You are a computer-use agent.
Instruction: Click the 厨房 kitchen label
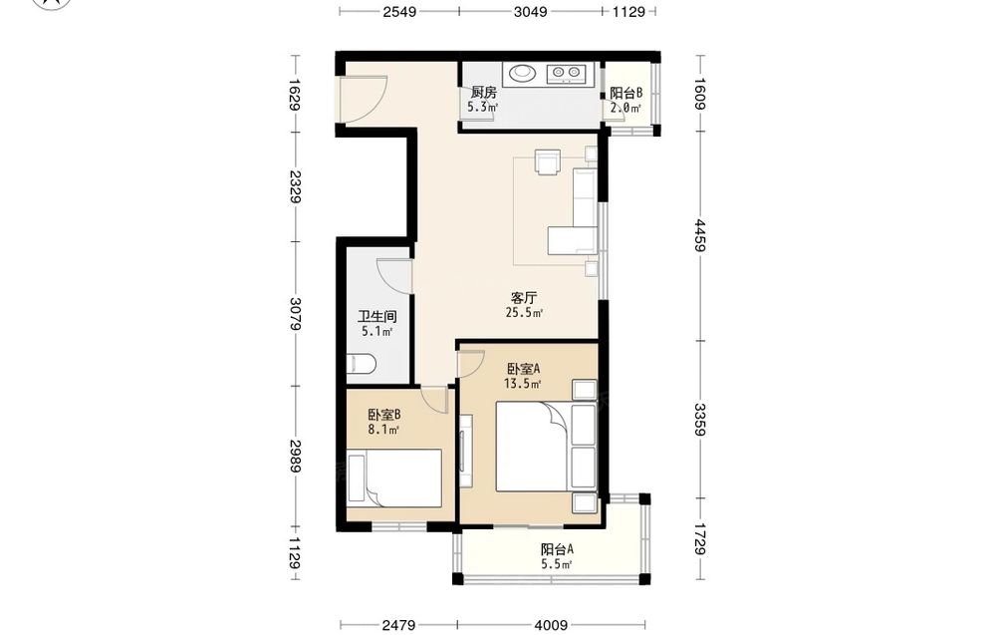[x=483, y=93]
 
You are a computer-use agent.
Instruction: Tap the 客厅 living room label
[x=524, y=297]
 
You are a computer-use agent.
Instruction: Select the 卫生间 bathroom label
[x=377, y=317]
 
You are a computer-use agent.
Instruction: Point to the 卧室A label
[x=524, y=369]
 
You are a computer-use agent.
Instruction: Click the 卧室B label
[x=383, y=415]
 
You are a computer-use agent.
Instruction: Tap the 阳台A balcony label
[x=557, y=549]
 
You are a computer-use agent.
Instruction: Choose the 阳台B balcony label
[x=626, y=93]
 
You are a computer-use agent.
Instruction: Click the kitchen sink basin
[x=522, y=73]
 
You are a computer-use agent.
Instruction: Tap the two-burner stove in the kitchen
[x=565, y=74]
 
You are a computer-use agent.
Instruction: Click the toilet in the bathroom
[x=362, y=365]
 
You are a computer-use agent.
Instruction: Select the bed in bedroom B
[x=393, y=478]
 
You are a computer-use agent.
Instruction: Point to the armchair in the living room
[x=548, y=160]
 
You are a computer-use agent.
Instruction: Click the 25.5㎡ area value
[x=524, y=313]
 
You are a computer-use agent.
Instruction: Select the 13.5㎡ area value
[x=522, y=384]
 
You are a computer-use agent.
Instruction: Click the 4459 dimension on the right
[x=699, y=236]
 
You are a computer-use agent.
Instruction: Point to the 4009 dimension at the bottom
[x=551, y=625]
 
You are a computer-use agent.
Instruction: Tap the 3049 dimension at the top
[x=531, y=11]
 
